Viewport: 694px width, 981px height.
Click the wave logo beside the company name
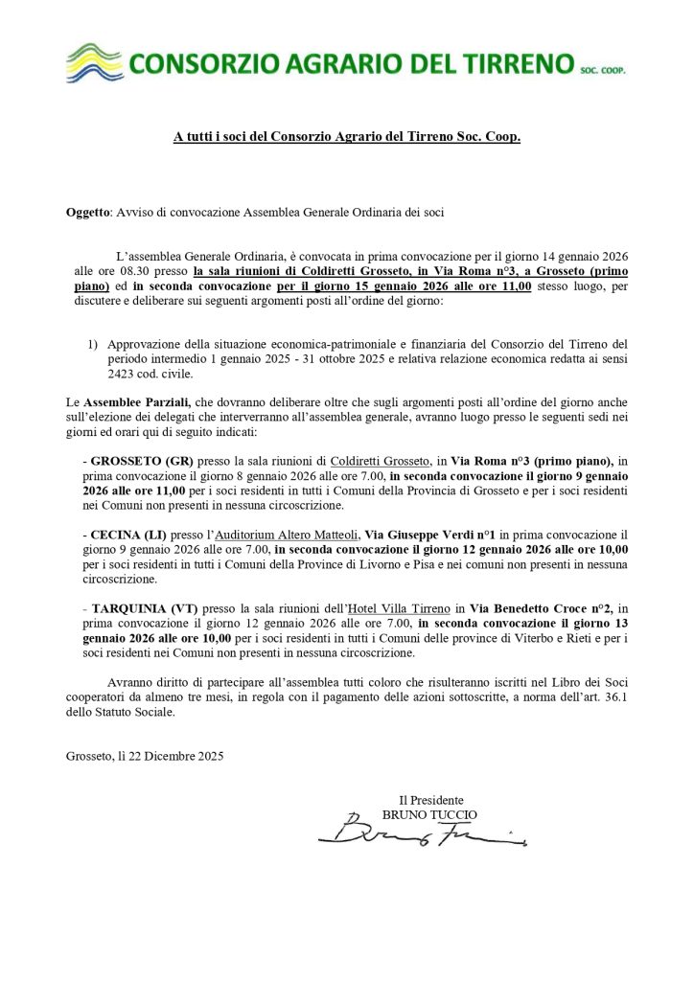94,63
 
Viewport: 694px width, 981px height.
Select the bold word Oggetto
88,211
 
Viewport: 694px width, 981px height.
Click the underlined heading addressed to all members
347,138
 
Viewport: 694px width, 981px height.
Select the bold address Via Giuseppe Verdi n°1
428,535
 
